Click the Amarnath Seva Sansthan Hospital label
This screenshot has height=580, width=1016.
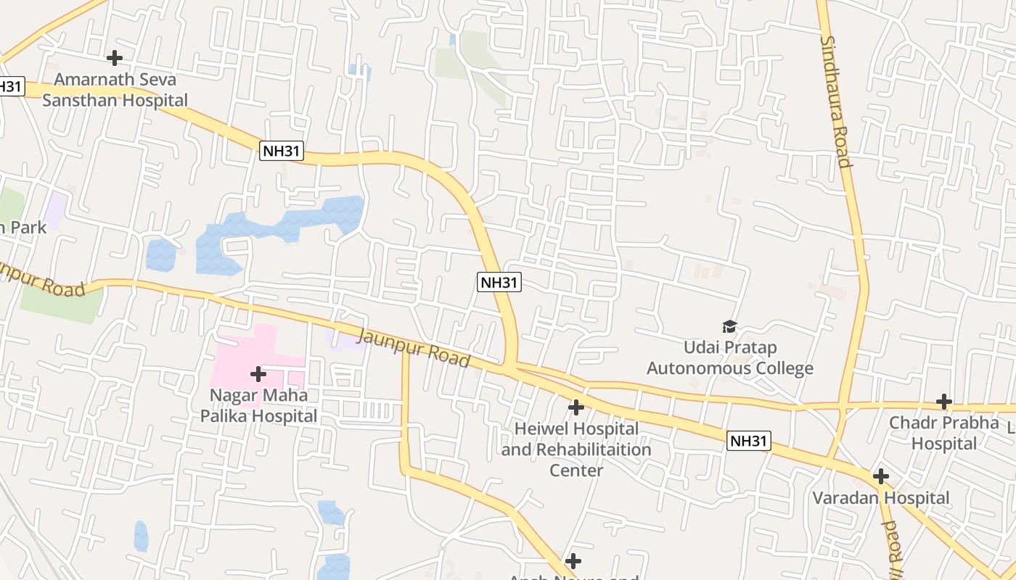(x=115, y=90)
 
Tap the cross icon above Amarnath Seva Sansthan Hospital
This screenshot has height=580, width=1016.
(x=114, y=58)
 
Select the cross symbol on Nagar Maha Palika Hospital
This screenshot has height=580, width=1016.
(x=258, y=374)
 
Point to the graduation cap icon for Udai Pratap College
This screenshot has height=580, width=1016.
(x=729, y=327)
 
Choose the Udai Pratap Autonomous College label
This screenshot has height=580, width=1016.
(x=729, y=358)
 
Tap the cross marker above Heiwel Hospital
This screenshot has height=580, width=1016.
(x=575, y=407)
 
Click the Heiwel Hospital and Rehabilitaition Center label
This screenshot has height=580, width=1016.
(x=576, y=449)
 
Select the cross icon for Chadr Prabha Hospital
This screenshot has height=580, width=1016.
(x=943, y=401)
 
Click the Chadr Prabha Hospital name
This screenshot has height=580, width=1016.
(x=944, y=433)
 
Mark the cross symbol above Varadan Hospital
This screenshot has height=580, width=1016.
(x=880, y=476)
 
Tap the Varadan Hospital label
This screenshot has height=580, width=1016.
(x=880, y=498)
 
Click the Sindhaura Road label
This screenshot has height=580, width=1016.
(x=835, y=101)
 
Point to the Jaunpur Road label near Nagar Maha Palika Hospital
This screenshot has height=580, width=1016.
(x=414, y=347)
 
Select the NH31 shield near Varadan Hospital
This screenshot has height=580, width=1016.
(x=748, y=441)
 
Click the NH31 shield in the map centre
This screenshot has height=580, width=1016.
(x=499, y=282)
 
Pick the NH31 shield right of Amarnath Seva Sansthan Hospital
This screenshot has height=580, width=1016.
(x=282, y=152)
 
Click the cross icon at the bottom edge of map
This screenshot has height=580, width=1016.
(x=573, y=560)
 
